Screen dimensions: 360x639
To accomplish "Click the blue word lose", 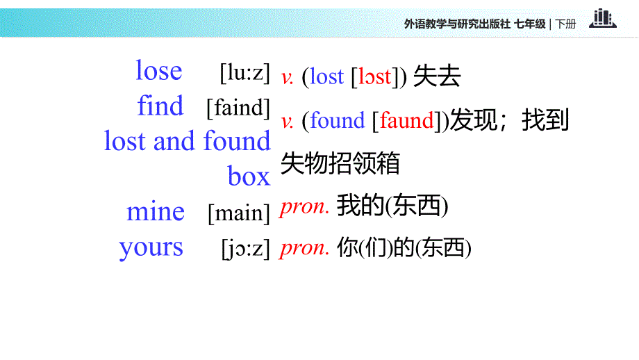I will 159,71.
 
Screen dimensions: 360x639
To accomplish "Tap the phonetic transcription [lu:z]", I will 244,72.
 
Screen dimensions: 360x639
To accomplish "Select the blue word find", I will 160,106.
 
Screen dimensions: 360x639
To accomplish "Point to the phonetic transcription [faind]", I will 238,108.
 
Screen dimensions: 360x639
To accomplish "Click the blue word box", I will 249,177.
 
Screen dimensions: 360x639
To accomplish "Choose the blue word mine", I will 156,212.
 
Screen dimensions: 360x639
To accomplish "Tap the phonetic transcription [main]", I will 239,213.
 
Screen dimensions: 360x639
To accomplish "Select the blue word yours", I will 151,247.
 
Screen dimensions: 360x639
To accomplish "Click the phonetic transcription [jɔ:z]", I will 245,248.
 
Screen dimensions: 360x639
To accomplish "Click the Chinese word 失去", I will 437,77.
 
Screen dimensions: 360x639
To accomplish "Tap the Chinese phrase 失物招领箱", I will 340,164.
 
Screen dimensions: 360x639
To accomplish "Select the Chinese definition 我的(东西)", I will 392,206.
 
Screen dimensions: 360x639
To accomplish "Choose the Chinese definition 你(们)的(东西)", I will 404,247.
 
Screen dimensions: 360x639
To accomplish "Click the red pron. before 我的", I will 304,207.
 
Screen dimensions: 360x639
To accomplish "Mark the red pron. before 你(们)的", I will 304,248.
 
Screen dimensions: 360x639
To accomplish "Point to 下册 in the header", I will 566,24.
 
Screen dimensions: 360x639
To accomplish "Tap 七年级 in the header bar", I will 530,24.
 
